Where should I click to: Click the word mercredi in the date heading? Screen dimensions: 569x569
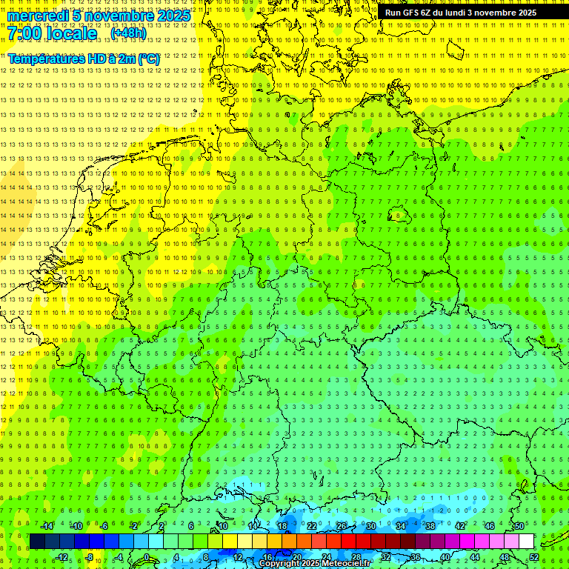point(39,16)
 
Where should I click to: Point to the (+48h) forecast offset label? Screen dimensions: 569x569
point(128,33)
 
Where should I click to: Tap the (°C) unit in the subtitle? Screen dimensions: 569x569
point(147,58)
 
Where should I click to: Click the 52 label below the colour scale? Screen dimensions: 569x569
point(534,557)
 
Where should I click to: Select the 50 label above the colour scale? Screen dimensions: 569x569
point(519,526)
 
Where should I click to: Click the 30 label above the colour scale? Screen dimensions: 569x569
point(370,526)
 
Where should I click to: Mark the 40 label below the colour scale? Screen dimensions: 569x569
point(445,557)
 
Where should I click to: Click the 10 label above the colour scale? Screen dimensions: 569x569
point(222,526)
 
